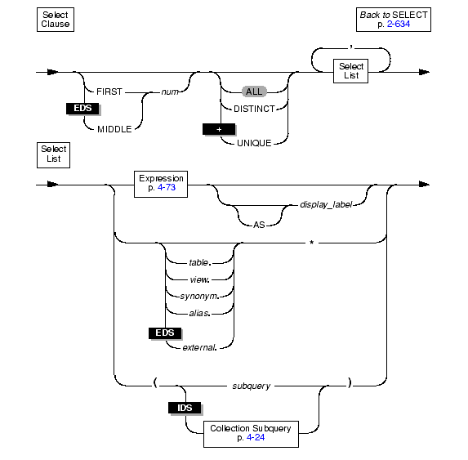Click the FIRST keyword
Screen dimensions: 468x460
[x=109, y=92]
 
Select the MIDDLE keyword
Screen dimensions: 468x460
[x=114, y=129]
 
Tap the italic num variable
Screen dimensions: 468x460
[x=170, y=92]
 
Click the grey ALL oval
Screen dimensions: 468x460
[x=254, y=92]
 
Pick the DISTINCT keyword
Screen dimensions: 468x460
[x=254, y=109]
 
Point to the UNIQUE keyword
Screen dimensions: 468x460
[x=254, y=143]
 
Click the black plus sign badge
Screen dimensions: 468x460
[x=219, y=129]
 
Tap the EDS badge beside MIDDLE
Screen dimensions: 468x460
[x=82, y=108]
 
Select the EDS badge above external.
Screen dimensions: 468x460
[x=165, y=333]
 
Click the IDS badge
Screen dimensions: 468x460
[x=185, y=408]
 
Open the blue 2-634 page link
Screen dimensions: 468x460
[x=399, y=25]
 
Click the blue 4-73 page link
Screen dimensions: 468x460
[x=167, y=187]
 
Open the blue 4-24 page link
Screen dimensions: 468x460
[x=256, y=438]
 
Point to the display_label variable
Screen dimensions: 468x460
[x=326, y=205]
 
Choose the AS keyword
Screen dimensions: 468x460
[x=259, y=225]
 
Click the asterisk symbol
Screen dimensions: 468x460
[x=312, y=243]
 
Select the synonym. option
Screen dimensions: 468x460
[x=199, y=296]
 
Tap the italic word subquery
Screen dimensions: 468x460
[x=252, y=386]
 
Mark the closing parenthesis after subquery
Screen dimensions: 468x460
[x=350, y=382]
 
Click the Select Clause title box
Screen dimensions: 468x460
[x=56, y=20]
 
